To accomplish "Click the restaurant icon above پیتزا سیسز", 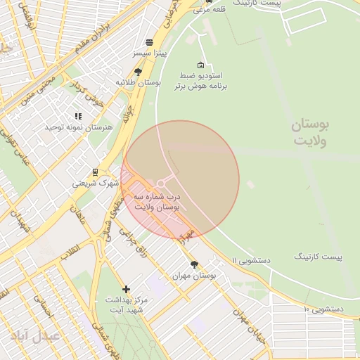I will (148, 42).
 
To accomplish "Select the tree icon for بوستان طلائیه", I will (138, 72).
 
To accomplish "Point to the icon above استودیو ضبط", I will (202, 65).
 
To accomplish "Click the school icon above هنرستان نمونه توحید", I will (78, 116).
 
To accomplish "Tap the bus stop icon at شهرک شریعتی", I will (96, 172).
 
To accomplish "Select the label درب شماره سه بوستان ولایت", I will (158, 202).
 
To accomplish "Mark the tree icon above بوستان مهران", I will (194, 265).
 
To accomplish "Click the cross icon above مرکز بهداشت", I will (126, 289).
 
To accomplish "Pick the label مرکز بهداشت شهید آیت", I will (124, 304).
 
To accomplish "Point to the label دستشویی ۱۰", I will (323, 309).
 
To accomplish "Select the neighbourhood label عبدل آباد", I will (34, 335).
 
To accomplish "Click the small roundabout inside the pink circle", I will (161, 184).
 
